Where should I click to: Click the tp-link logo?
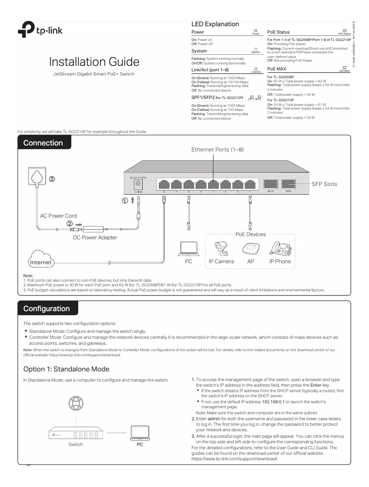(40, 31)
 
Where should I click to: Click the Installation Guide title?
(95, 62)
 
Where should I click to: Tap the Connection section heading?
(44, 143)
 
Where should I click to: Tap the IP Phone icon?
(280, 247)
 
